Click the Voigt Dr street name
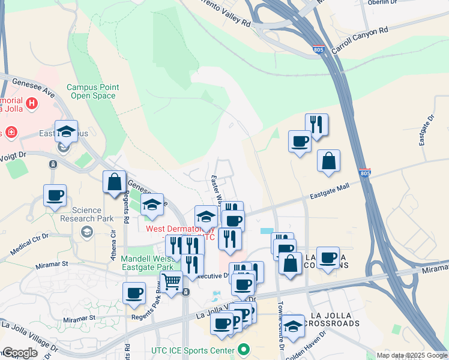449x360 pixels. (x=14, y=155)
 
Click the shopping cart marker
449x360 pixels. (x=172, y=281)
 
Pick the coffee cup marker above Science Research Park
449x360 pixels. (x=55, y=196)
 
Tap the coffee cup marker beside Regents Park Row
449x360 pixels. (x=134, y=293)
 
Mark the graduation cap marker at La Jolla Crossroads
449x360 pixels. (x=293, y=326)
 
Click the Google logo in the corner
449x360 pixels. (x=20, y=353)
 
